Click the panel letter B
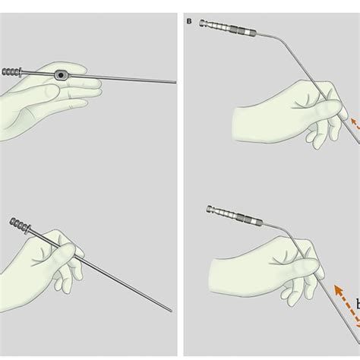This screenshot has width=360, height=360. (x=189, y=21)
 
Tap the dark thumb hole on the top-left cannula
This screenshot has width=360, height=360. (x=61, y=75)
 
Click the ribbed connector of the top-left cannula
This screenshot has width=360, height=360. (x=11, y=72)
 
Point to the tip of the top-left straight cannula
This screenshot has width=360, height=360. (x=175, y=82)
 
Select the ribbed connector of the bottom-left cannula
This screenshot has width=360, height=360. (x=20, y=225)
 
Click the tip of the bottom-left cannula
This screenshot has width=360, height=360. (x=171, y=311)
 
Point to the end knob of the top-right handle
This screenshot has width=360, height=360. (x=203, y=23)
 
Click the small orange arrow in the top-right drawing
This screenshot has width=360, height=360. (x=355, y=124)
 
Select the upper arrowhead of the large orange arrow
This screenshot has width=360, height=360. (x=338, y=289)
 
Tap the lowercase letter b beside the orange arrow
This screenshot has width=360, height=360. (x=358, y=305)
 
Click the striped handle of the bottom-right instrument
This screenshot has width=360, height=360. (x=235, y=215)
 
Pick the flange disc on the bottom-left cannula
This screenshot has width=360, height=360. (x=30, y=229)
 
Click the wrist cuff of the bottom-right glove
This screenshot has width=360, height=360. (x=216, y=275)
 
